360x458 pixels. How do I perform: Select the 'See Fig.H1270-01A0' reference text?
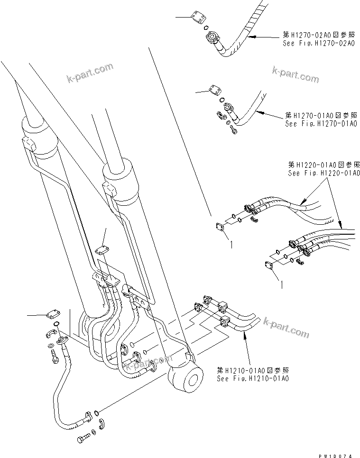coord(321,123)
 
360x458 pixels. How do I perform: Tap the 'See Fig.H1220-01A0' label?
coord(324,173)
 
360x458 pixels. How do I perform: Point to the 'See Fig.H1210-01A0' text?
coord(253,378)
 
